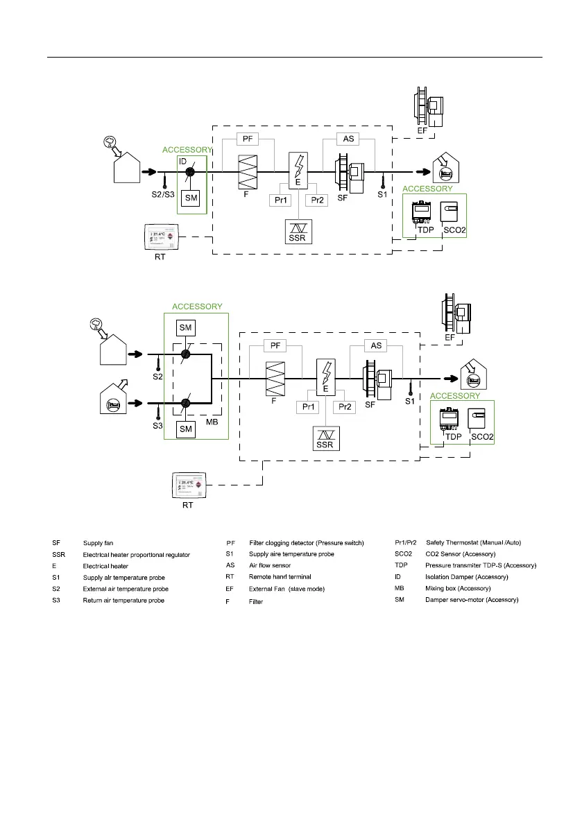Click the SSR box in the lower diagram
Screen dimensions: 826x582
tap(325, 438)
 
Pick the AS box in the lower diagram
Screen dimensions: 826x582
tap(376, 345)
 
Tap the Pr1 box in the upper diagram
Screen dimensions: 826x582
tap(280, 200)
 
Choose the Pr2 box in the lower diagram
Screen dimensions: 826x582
tap(345, 406)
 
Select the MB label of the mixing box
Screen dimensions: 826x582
tap(212, 422)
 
